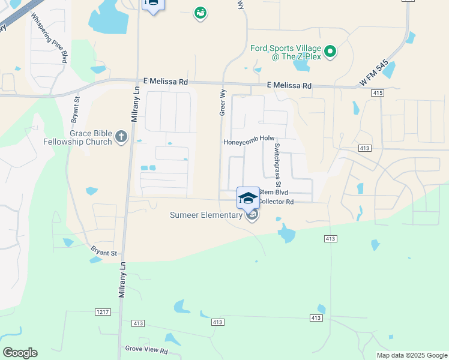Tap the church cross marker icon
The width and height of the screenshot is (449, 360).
click(121, 137)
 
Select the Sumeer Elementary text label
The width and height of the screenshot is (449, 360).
click(205, 215)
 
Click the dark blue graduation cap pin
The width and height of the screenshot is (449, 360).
click(248, 198)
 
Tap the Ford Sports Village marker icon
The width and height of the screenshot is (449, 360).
click(330, 52)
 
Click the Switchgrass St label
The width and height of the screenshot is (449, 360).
click(277, 165)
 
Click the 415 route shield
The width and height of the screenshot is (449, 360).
click(377, 93)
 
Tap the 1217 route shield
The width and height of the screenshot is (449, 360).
click(103, 311)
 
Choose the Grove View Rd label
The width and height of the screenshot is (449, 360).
click(146, 349)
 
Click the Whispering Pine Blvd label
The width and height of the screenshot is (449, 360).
click(50, 35)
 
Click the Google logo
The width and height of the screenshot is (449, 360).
click(20, 353)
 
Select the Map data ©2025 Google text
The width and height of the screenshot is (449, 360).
click(411, 355)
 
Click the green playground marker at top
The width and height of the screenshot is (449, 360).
click(200, 13)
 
